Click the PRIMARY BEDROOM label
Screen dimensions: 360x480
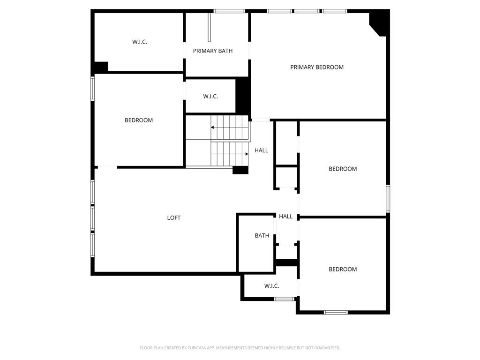tap(317, 67)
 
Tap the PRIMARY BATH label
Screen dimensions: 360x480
tap(213, 51)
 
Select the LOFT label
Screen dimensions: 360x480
tap(174, 217)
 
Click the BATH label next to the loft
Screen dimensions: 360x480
tap(262, 235)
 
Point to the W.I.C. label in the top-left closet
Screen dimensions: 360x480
tap(140, 42)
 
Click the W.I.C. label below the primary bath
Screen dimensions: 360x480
tap(210, 96)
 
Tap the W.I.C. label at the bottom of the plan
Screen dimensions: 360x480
tap(272, 286)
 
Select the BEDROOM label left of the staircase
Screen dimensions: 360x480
tap(139, 120)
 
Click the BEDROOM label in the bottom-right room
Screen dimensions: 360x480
tap(343, 269)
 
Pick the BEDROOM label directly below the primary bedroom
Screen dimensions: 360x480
tap(343, 169)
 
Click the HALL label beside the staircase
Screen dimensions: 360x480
tap(262, 150)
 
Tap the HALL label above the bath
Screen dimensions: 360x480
tap(286, 216)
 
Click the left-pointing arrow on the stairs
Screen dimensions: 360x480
tap(213, 127)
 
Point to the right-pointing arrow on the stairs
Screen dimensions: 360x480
tap(246, 154)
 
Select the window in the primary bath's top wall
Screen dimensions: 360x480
tap(229, 11)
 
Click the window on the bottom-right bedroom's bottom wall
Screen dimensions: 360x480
tap(336, 312)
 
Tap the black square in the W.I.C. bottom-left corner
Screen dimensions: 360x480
tap(100, 67)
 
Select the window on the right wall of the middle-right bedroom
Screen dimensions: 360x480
tap(388, 198)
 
